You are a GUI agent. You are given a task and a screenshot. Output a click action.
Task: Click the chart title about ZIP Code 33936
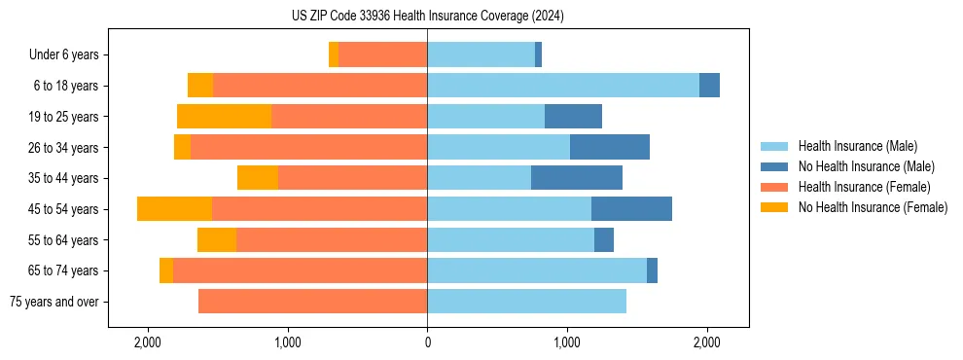(x=427, y=17)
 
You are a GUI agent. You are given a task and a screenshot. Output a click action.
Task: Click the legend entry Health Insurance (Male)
(x=857, y=146)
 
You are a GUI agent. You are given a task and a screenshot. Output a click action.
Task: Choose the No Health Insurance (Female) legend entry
(x=873, y=207)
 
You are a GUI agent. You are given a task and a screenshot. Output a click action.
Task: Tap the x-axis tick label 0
(x=427, y=342)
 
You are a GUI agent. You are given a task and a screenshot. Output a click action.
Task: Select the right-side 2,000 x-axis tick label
(x=706, y=342)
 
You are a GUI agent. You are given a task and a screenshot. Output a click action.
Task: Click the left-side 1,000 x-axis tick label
(x=288, y=342)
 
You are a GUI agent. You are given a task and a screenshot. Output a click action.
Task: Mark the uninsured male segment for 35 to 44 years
(x=577, y=178)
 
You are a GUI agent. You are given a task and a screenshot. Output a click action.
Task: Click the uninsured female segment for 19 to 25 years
(x=224, y=117)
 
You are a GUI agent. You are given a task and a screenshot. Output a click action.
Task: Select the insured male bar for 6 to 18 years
(x=563, y=86)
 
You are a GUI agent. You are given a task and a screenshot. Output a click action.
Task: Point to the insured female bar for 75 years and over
(x=312, y=302)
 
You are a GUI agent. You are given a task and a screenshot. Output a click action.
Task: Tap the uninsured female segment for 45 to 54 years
(x=174, y=209)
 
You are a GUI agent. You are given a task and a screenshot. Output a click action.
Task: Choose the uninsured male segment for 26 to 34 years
(x=610, y=148)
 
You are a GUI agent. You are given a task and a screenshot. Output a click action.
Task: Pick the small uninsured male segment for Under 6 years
(x=538, y=55)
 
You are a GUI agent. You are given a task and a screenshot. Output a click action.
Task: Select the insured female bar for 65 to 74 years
(x=300, y=270)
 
